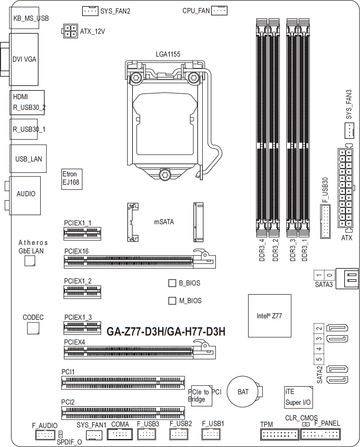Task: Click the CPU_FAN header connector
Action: click(x=219, y=10)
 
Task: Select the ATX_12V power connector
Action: click(x=70, y=31)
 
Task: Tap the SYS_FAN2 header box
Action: click(x=90, y=11)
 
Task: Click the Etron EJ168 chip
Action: click(x=72, y=179)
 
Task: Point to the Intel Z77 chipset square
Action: click(x=270, y=316)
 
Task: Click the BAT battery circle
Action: click(x=243, y=392)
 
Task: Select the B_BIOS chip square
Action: click(x=172, y=283)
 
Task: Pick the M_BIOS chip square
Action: click(x=172, y=300)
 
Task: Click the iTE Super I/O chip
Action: click(x=298, y=397)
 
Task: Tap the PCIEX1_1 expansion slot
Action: click(x=82, y=234)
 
